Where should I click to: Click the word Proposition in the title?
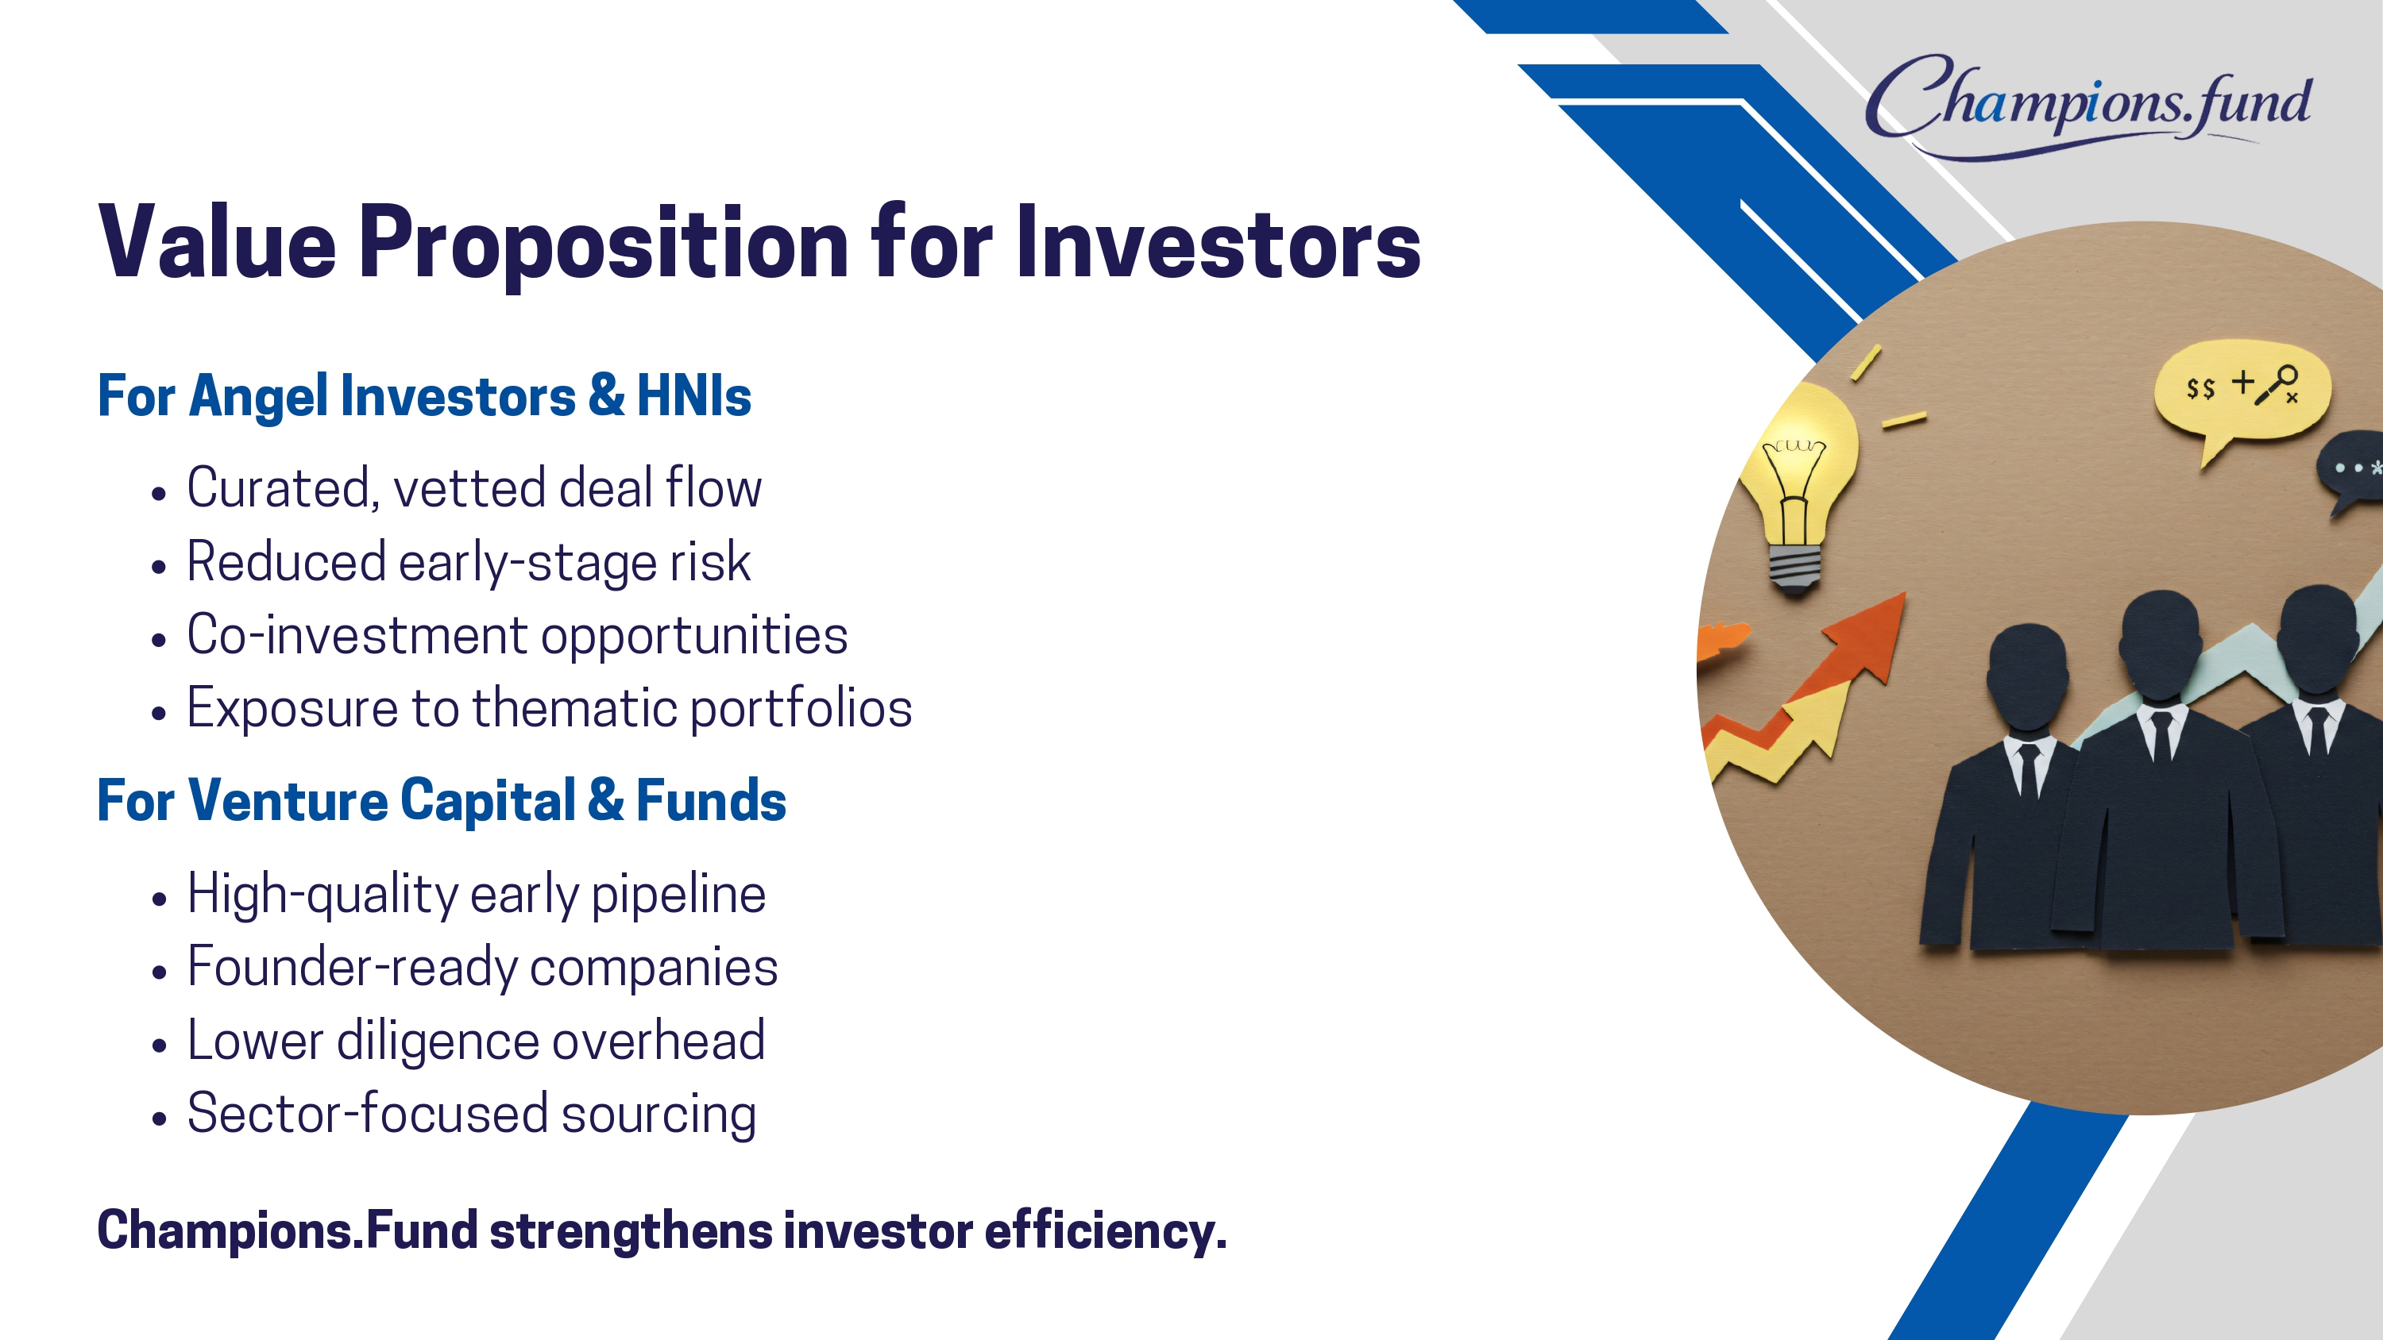pos(603,242)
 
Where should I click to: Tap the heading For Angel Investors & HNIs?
pos(423,396)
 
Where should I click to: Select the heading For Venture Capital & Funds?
pos(442,800)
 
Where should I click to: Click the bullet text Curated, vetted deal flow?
pos(474,487)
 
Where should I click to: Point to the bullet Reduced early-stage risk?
pos(469,562)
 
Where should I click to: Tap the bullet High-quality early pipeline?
pos(477,894)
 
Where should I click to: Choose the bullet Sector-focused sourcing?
pos(472,1114)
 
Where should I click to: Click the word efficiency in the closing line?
pos(1106,1232)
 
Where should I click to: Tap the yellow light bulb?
pos(1798,490)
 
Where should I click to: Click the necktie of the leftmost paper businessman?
pos(2028,770)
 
